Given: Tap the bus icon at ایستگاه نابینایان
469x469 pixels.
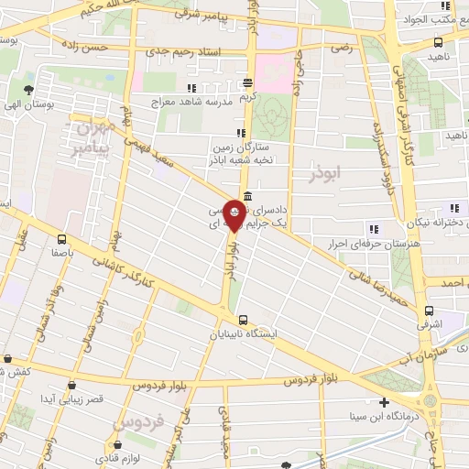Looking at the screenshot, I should (242, 320).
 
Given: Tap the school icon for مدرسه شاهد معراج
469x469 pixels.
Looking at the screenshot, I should (191, 87).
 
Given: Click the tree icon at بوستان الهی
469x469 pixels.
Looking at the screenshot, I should (29, 90).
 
